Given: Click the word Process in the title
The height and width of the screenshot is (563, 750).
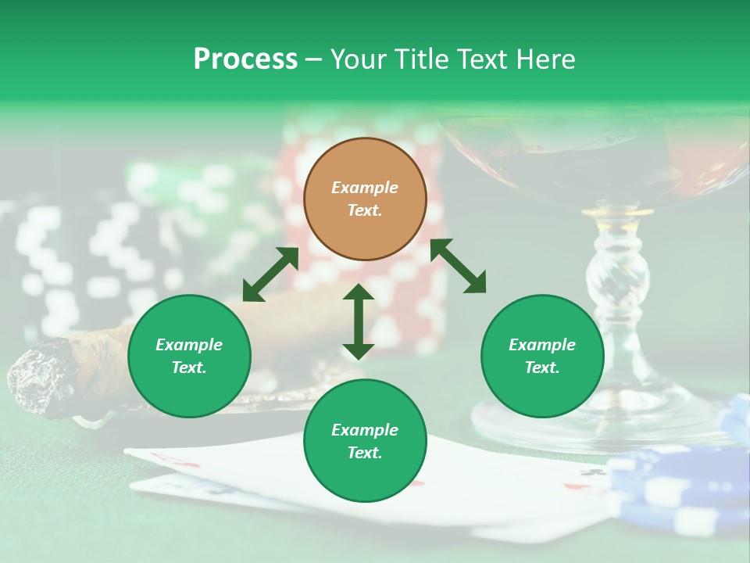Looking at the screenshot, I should click(x=245, y=59).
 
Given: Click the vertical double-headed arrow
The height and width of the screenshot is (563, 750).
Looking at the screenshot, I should click(x=359, y=321).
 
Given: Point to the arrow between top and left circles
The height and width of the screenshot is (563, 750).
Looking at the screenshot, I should click(x=270, y=274).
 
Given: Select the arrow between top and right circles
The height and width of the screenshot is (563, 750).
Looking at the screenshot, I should click(x=459, y=266).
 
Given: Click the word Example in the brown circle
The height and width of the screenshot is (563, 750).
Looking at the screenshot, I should click(x=365, y=188).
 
